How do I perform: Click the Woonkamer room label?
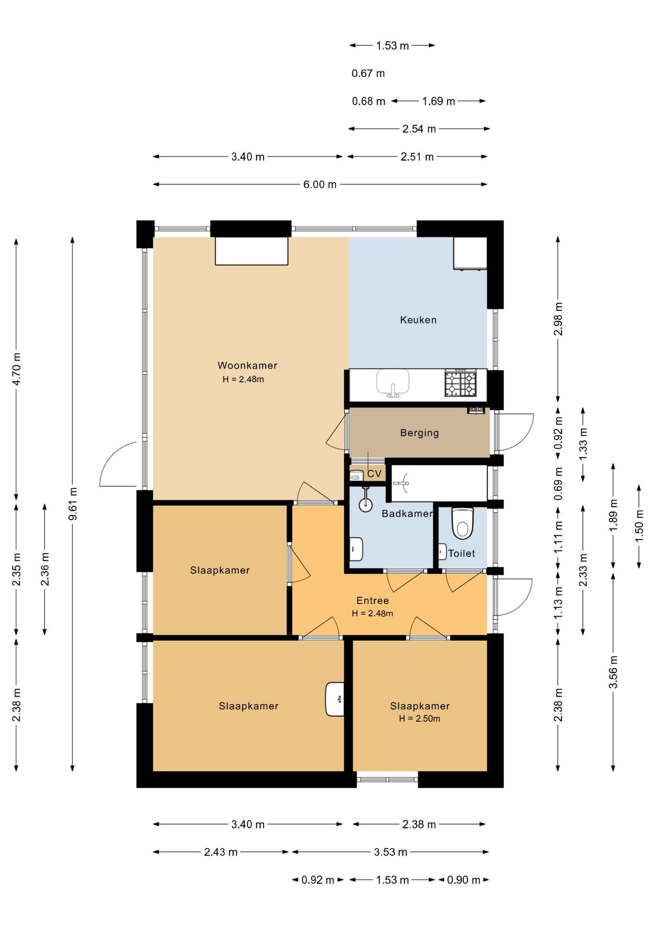[247, 365]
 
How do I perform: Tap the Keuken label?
[418, 320]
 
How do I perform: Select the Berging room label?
[420, 433]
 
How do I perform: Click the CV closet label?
[374, 474]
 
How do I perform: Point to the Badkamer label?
[407, 514]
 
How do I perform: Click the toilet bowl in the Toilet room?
[463, 522]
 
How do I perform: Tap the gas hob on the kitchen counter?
[461, 383]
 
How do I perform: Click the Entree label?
[372, 600]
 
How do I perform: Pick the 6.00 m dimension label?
[320, 185]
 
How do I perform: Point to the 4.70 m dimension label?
[16, 369]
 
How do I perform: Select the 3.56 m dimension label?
[614, 672]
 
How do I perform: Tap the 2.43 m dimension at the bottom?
[221, 852]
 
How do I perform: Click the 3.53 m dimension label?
[391, 852]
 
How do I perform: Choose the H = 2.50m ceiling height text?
[420, 718]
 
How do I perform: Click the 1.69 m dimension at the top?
[438, 101]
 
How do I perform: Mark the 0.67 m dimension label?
[368, 73]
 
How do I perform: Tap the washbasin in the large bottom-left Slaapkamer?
[335, 699]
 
